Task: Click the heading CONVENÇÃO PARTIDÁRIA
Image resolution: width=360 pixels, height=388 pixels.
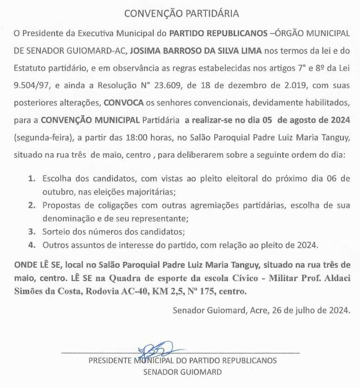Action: tap(181, 13)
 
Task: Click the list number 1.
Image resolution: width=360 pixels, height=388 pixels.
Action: tap(31, 178)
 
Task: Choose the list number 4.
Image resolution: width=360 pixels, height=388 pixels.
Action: tap(31, 244)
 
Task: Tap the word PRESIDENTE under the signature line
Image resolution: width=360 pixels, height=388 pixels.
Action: tap(109, 360)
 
